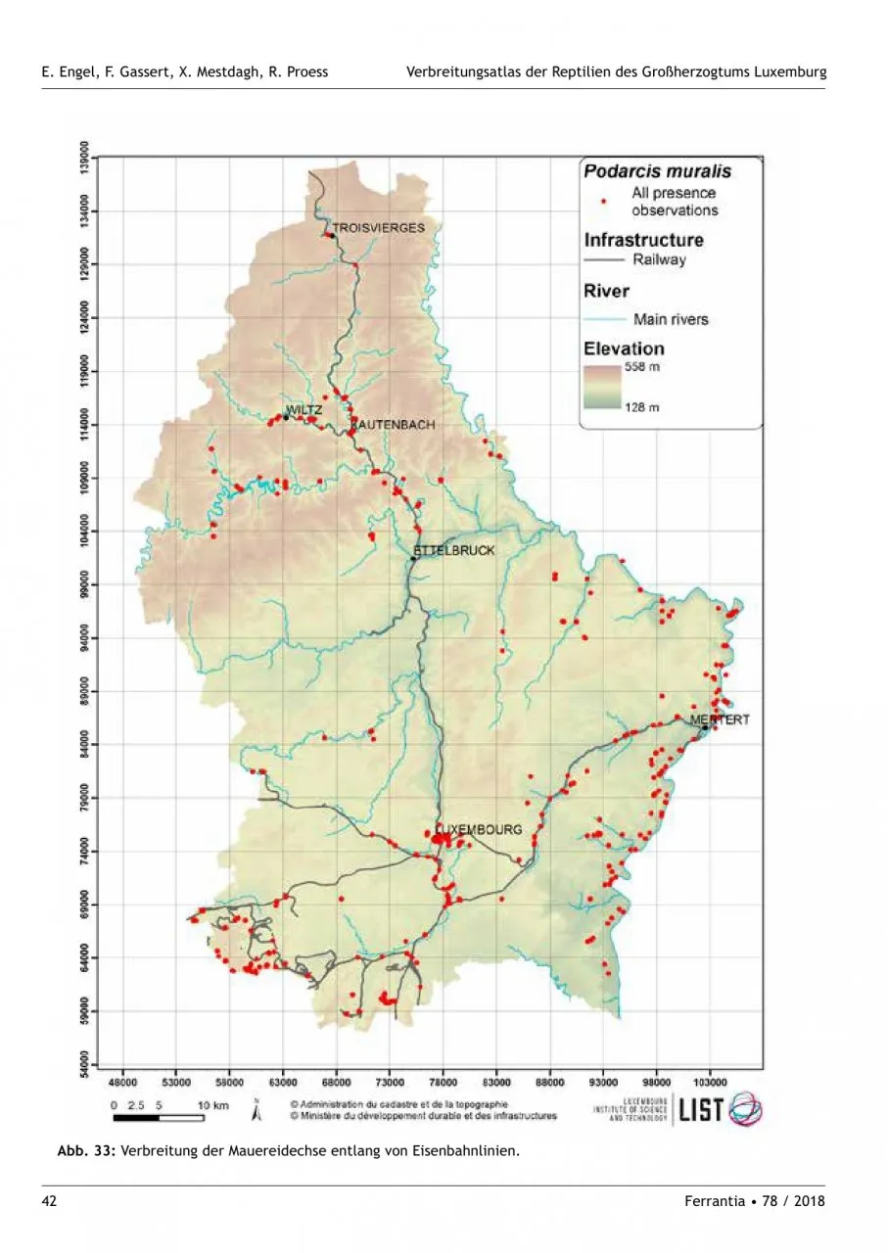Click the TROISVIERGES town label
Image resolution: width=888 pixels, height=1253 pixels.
pos(378,227)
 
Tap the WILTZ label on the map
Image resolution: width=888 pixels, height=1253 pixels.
pos(304,409)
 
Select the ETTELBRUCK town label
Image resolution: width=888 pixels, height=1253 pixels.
pos(456,550)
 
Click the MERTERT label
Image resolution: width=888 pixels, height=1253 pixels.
pos(721,719)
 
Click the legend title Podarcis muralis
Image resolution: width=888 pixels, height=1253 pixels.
pos(657,171)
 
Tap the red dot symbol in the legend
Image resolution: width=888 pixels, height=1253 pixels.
pos(605,202)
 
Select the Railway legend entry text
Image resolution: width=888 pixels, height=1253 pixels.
pos(659,260)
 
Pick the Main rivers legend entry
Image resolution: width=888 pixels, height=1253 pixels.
pos(671,319)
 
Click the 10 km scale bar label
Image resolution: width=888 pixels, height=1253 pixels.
pos(212,1104)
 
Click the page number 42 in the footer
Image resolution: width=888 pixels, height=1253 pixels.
pos(49,1200)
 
